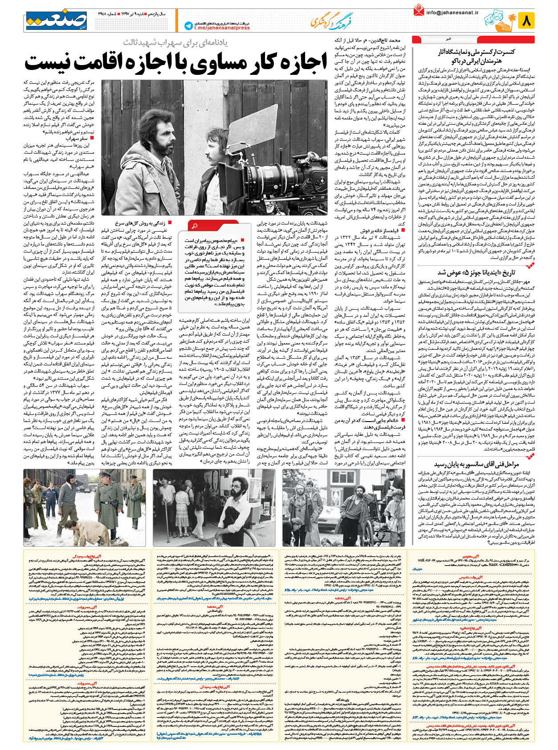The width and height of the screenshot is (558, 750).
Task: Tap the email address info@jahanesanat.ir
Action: pos(452,12)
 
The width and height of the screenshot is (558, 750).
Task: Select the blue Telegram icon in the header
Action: pos(188,26)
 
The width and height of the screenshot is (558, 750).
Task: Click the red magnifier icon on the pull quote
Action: pos(195,225)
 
